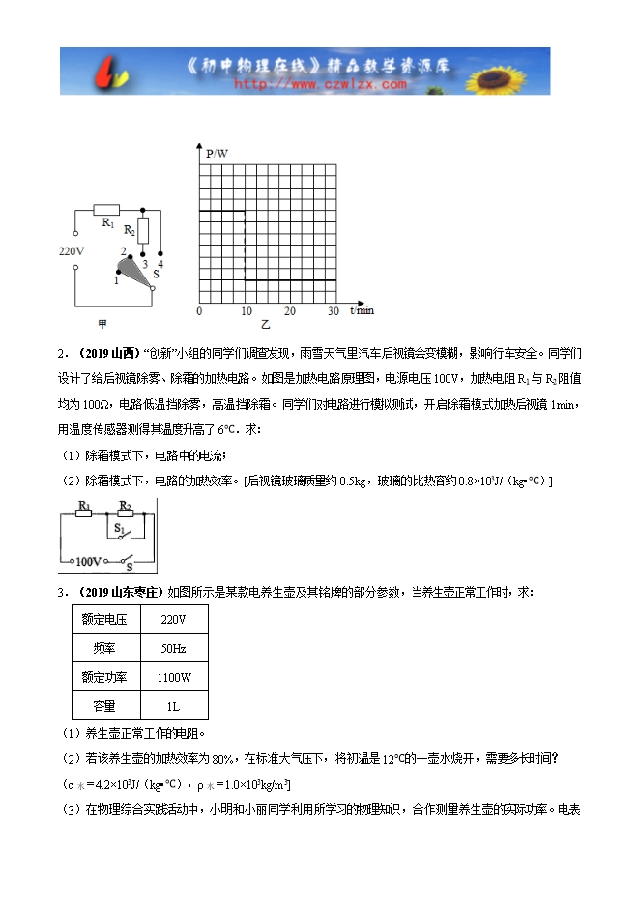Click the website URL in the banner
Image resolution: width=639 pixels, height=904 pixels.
320,84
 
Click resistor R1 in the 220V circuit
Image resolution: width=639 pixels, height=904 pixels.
105,209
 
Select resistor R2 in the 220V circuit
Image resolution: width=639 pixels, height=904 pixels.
144,230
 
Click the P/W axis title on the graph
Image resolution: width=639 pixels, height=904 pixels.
218,153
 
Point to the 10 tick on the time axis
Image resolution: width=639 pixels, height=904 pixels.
247,311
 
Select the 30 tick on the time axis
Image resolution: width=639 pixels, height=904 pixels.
334,311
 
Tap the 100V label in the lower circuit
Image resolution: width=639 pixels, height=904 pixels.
88,561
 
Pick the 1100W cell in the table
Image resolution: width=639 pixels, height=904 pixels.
174,678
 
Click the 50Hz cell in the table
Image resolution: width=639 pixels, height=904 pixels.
174,648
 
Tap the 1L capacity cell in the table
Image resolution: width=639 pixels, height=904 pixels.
174,707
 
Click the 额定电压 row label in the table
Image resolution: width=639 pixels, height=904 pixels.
105,619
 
